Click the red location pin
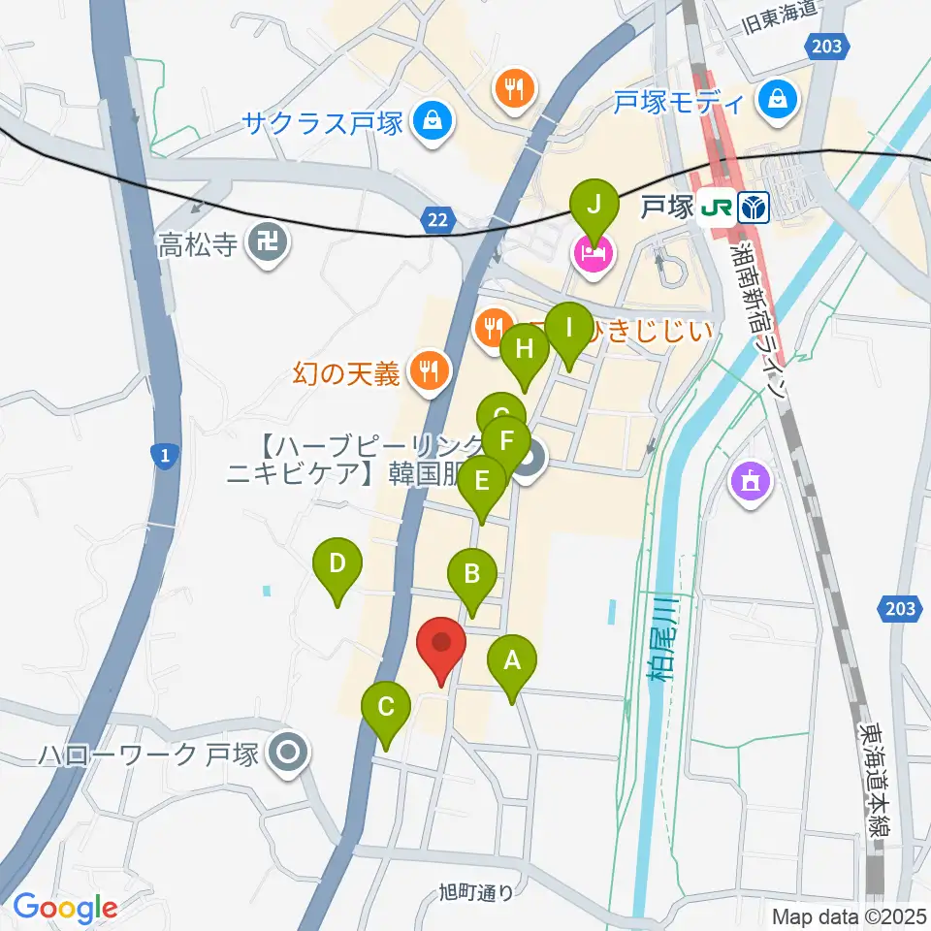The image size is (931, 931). click(441, 644)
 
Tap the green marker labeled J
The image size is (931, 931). click(594, 206)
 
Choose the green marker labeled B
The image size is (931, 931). click(472, 574)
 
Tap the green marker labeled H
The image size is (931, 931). click(525, 349)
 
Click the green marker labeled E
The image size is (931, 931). click(481, 480)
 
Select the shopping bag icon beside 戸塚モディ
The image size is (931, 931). click(778, 99)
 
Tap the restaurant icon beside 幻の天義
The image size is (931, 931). click(427, 369)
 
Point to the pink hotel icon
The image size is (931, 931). click(594, 254)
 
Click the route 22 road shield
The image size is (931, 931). click(439, 221)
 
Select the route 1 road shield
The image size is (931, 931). click(165, 456)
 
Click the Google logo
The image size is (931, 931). click(65, 908)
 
